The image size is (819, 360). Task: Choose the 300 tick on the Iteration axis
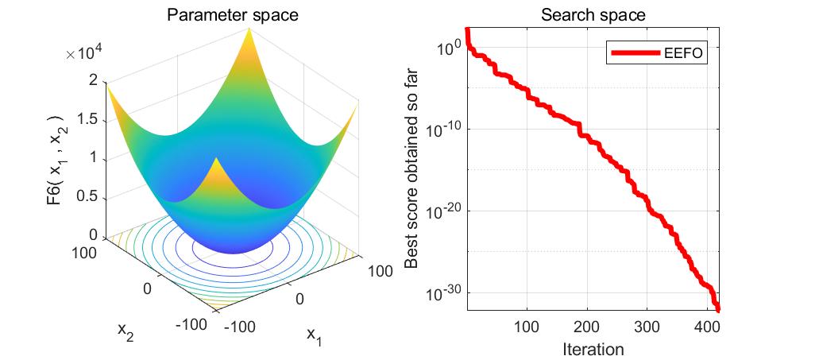tap(647, 327)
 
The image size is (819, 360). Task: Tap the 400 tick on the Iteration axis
tap(706, 327)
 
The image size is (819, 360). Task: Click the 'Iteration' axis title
tap(592, 348)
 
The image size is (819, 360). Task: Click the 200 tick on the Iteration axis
tap(586, 327)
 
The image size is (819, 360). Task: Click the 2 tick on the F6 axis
tap(94, 80)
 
